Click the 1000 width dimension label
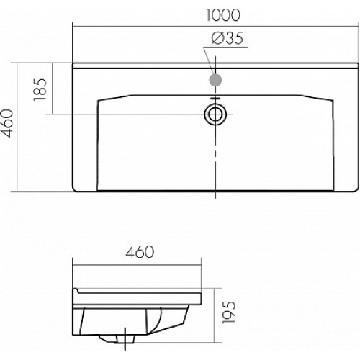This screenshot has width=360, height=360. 223,15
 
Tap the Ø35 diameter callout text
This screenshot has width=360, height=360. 228,38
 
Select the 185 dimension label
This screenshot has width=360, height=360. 40,89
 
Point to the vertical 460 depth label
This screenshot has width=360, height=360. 6,123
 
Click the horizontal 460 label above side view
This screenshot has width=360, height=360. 140,252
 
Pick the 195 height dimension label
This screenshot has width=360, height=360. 229,312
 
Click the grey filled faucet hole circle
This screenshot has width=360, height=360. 215,80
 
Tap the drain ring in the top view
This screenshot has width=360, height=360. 215,114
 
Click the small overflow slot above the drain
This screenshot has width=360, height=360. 215,99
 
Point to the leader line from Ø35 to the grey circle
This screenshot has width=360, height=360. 209,60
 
